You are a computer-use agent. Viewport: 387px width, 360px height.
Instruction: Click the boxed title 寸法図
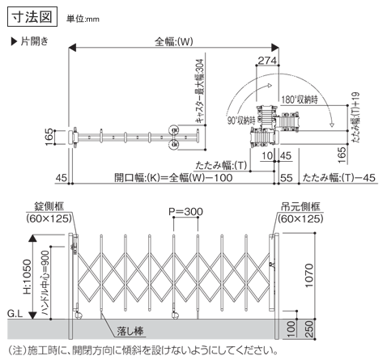(x=32, y=17)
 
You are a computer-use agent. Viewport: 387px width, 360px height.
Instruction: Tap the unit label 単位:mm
(x=83, y=19)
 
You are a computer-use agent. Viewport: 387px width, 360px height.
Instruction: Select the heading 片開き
(x=30, y=41)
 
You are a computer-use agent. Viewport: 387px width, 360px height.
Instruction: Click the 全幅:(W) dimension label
(x=174, y=41)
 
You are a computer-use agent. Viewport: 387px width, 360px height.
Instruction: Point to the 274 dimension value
(x=267, y=61)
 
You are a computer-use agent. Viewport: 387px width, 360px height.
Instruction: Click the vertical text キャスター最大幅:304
(x=200, y=91)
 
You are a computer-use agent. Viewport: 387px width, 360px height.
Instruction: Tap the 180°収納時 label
(x=300, y=100)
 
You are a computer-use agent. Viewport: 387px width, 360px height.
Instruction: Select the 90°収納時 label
(x=241, y=121)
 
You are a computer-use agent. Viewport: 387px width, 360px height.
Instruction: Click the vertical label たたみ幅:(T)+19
(x=355, y=117)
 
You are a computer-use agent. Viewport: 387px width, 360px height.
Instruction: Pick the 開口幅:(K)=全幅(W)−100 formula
(x=173, y=178)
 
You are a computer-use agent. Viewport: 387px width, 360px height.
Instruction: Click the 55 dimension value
(x=287, y=178)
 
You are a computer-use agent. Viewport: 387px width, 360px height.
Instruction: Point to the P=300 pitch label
(x=185, y=212)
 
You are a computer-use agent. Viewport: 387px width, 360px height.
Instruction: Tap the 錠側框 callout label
(x=49, y=206)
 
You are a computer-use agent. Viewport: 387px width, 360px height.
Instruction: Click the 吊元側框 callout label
(x=300, y=206)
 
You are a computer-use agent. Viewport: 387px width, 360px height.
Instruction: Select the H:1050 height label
(x=27, y=277)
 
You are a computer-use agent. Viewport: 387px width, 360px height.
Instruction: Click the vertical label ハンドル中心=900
(x=45, y=283)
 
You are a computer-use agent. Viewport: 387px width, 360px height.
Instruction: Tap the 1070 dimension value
(x=308, y=275)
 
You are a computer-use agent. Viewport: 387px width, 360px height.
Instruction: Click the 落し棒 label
(x=130, y=331)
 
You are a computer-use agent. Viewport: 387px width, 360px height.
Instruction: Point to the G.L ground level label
(x=15, y=314)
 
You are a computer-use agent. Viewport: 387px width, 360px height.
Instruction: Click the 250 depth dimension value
(x=310, y=329)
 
